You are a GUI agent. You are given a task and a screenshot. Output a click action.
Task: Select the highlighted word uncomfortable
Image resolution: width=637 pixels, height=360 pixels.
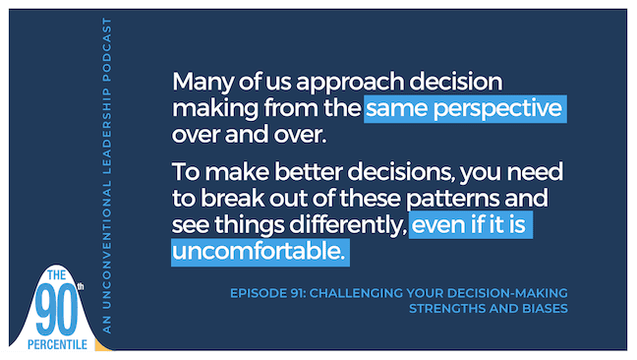(260, 253)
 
